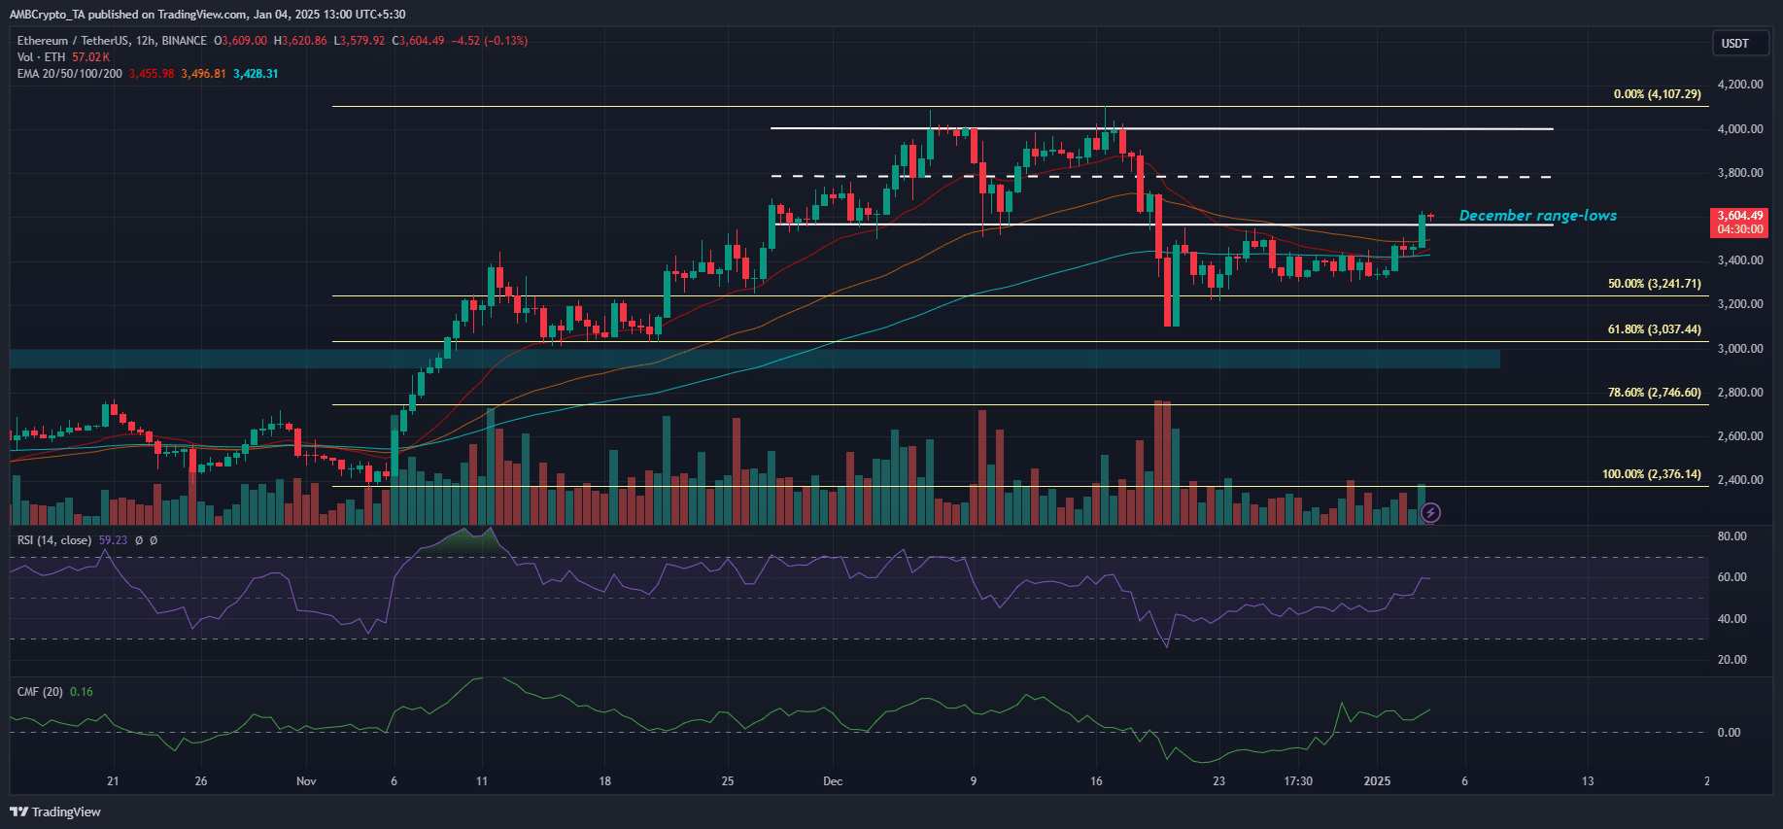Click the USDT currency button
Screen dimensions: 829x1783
coord(1734,43)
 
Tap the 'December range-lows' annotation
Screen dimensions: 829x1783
coord(1537,216)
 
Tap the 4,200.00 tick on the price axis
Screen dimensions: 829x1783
coord(1739,85)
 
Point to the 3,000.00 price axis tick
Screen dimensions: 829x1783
coord(1739,348)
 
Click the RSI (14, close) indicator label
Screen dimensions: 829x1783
coord(54,540)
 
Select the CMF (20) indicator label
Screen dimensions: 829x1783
coord(40,692)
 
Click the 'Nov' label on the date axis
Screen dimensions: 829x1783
coord(306,781)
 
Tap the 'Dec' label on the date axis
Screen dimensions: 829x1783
coord(833,781)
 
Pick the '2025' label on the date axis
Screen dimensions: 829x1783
coord(1377,781)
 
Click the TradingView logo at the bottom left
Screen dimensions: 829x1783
coord(55,812)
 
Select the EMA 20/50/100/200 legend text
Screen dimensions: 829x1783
coord(70,74)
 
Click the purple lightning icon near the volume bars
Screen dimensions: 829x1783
coord(1430,512)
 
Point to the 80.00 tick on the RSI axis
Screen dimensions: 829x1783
coord(1732,536)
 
